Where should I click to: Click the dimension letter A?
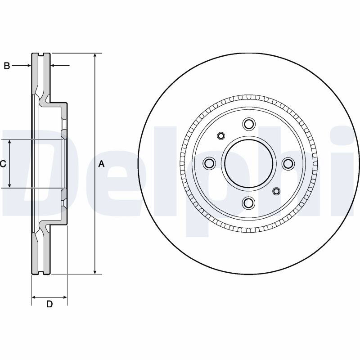pos(102,164)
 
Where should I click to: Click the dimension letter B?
pos(7,66)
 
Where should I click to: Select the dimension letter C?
pos(3,164)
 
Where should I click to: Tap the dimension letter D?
pos(49,304)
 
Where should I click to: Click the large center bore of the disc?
pos(249,163)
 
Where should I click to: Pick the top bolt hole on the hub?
pos(249,124)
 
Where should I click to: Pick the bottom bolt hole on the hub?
pos(249,202)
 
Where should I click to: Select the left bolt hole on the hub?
pos(209,163)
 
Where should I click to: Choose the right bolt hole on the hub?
pos(288,163)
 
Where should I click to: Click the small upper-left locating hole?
pos(221,136)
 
